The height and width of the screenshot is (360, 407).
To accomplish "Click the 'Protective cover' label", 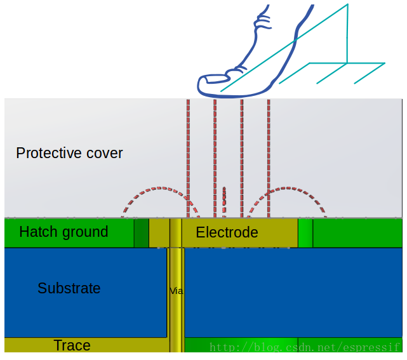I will coord(69,153).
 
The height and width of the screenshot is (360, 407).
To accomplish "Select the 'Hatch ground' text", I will coord(63,232).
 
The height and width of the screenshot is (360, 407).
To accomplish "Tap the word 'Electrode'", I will coord(227,232).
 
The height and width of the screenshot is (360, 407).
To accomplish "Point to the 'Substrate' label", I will coord(69,288).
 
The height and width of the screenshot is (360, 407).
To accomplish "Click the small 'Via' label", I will coord(176,291).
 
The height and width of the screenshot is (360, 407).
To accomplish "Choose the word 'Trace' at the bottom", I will coord(72,345).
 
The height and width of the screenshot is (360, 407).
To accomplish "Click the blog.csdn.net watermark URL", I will coord(305,347).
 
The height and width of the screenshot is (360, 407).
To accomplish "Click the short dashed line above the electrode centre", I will coord(224,202).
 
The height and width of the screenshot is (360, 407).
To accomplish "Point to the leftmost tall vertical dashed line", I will coord(188,159).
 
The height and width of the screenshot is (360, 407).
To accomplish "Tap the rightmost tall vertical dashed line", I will coord(269,159).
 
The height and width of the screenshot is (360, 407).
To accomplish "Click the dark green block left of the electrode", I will coord(141,232).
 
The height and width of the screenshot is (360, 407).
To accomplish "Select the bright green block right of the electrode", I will coord(305,232).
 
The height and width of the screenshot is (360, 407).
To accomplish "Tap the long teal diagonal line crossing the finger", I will coord(286,48).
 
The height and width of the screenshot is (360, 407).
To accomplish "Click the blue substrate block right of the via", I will coord(292,292).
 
